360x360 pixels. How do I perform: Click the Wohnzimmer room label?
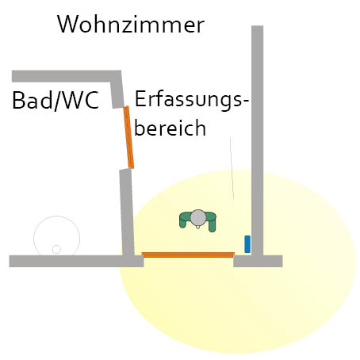(x=131, y=25)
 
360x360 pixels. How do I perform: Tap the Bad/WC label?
(x=56, y=100)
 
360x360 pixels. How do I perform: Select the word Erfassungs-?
(x=192, y=100)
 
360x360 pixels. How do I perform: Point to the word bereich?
(x=170, y=127)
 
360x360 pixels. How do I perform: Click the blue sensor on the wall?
(x=247, y=244)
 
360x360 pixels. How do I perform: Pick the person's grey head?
(x=198, y=217)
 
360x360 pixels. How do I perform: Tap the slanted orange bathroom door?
(x=128, y=137)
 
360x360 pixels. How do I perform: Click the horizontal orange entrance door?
(x=188, y=255)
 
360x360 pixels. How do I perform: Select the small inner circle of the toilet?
(x=56, y=249)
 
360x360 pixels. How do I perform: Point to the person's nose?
(x=198, y=227)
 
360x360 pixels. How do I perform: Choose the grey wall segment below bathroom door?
(x=127, y=213)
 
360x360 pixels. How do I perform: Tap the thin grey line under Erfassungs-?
(x=232, y=169)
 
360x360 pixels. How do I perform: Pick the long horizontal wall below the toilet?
(x=76, y=261)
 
